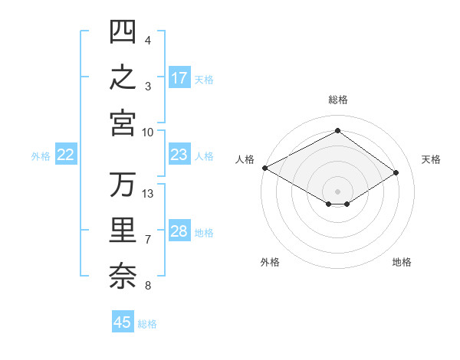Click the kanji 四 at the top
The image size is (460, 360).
click(x=123, y=31)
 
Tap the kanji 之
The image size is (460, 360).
click(x=123, y=77)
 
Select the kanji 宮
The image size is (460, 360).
click(x=123, y=123)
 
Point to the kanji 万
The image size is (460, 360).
click(x=123, y=185)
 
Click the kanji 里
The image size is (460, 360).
click(x=123, y=230)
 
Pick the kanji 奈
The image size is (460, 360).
click(x=123, y=277)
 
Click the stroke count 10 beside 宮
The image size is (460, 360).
click(x=147, y=133)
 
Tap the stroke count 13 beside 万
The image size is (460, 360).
click(x=147, y=194)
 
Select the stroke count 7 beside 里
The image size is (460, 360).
click(x=148, y=240)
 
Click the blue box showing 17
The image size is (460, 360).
click(x=179, y=77)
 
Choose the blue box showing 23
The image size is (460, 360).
click(x=179, y=154)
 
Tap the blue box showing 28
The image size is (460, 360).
click(x=179, y=230)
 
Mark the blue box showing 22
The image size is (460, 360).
click(x=66, y=154)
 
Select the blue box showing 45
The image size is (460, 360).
click(x=123, y=321)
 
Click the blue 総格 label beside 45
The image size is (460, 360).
click(x=147, y=324)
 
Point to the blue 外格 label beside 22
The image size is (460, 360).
click(x=41, y=156)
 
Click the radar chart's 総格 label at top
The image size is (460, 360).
click(x=338, y=100)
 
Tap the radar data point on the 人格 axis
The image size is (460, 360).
click(x=265, y=168)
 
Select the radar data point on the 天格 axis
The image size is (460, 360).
click(x=396, y=172)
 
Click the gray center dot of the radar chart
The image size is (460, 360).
click(x=337, y=191)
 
